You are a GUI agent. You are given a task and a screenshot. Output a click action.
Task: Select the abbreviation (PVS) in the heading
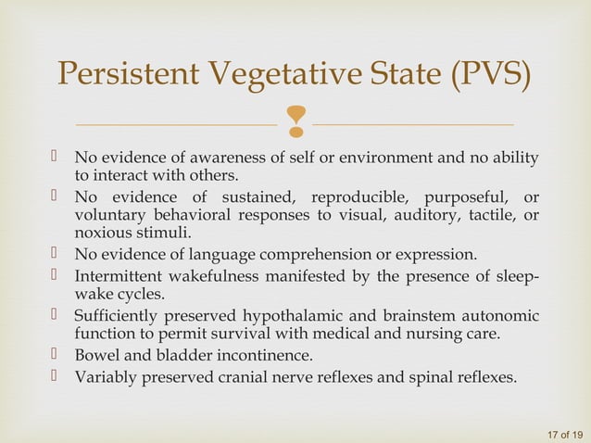490,75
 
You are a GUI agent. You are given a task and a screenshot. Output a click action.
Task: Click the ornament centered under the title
296,119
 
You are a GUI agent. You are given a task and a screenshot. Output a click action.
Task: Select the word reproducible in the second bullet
362,198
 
